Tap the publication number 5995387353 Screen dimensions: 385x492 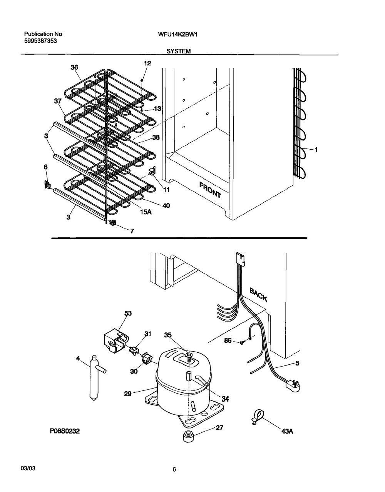(40, 41)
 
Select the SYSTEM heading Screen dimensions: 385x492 (179, 52)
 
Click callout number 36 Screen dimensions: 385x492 (74, 67)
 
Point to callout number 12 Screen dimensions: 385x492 (147, 63)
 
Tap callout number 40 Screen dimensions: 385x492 (166, 205)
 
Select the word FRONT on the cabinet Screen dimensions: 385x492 (210, 190)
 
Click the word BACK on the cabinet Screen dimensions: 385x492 (258, 295)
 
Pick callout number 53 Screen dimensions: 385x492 (128, 313)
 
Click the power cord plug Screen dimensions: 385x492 (293, 385)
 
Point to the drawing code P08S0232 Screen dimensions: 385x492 (65, 431)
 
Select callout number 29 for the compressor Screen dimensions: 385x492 (127, 394)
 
